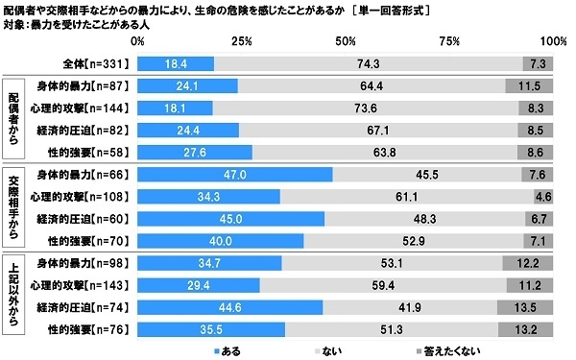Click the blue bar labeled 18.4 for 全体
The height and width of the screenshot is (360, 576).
[x=176, y=62]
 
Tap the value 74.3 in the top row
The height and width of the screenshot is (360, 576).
[x=364, y=62]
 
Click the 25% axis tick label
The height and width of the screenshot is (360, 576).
[x=241, y=42]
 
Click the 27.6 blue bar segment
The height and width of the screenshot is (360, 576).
[x=195, y=151]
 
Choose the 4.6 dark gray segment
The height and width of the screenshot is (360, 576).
[x=544, y=197]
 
